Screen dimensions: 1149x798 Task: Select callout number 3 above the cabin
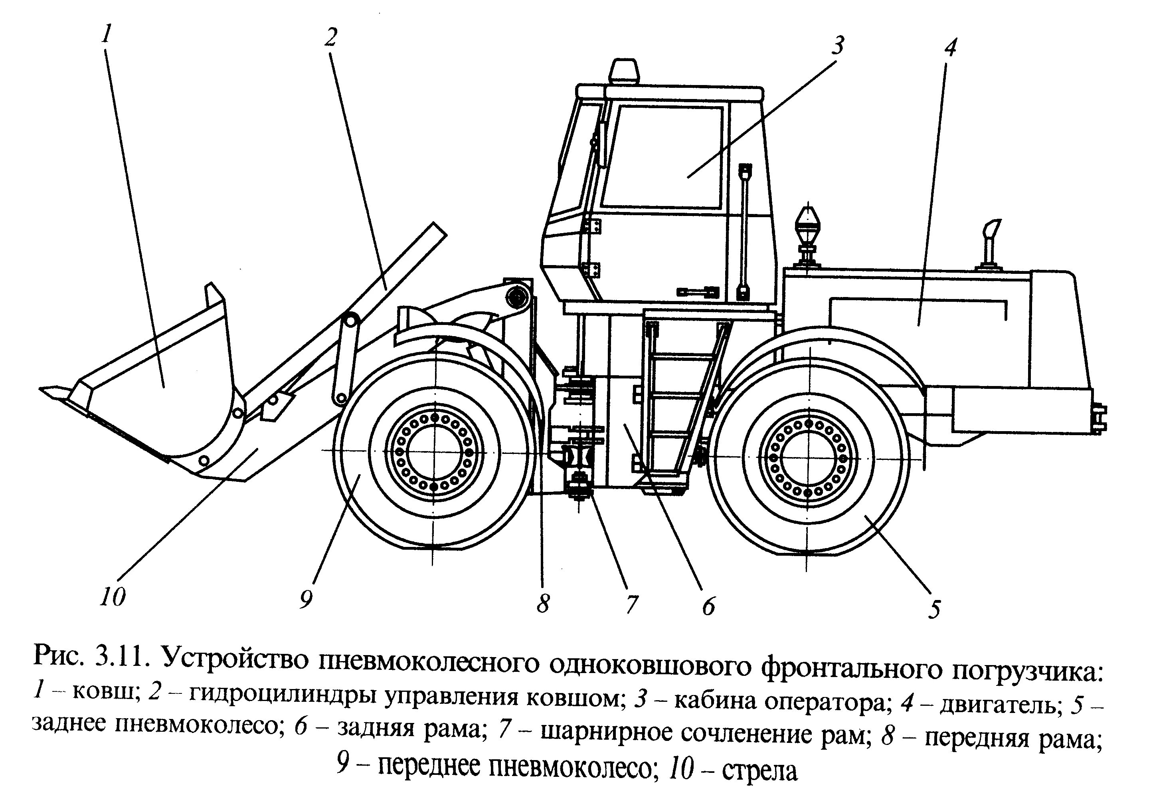(838, 45)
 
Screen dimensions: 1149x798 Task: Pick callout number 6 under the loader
(708, 606)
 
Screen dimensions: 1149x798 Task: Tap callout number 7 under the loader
(631, 605)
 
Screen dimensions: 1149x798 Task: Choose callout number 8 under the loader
(543, 604)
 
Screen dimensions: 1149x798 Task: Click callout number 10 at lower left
(113, 596)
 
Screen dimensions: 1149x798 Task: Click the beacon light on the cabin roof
(623, 71)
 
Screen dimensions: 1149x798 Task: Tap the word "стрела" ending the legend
(759, 771)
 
